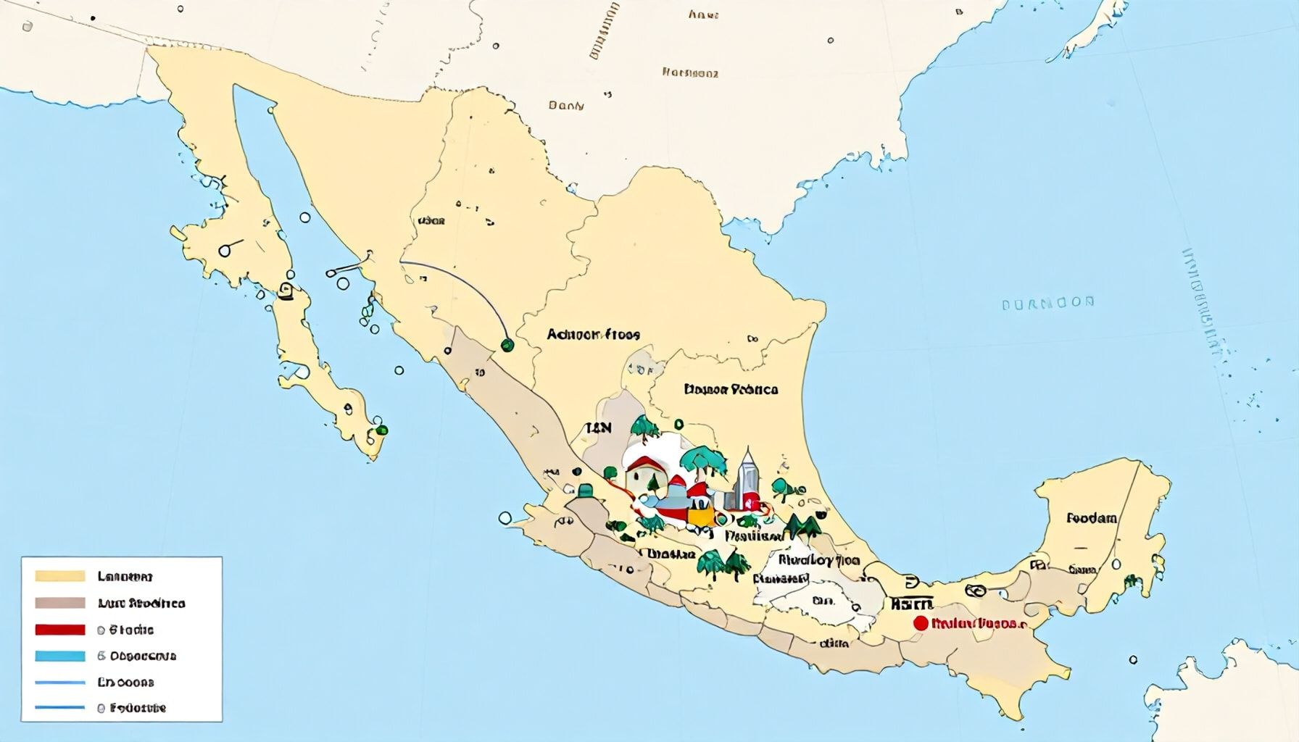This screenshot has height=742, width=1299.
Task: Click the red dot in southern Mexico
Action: point(921,623)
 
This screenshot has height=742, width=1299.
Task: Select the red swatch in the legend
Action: point(59,630)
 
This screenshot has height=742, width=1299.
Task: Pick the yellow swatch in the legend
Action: point(59,577)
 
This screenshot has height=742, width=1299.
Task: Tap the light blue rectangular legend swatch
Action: point(59,656)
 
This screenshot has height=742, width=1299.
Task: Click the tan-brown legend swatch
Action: point(59,603)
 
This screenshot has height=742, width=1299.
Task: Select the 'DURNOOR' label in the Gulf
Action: point(1047,303)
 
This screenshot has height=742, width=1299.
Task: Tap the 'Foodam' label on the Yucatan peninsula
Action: point(1091,519)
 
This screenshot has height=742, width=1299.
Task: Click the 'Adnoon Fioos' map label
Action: point(593,335)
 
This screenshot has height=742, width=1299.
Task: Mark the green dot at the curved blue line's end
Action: point(506,346)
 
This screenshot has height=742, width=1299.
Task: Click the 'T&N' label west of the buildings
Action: point(599,428)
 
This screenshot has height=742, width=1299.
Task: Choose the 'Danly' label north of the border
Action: point(566,106)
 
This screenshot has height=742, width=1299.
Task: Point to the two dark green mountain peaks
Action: point(803,525)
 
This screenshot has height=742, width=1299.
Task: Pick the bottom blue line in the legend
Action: point(59,707)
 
